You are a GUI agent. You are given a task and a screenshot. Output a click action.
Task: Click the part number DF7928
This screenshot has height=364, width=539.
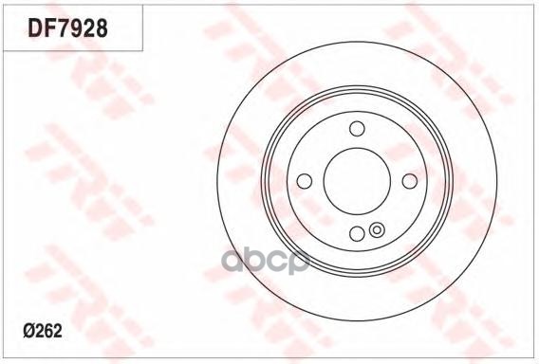click(67, 27)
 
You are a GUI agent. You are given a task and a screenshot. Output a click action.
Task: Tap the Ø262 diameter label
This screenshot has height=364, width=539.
click(43, 331)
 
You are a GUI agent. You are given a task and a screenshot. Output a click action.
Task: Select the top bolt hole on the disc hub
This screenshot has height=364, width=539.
click(357, 128)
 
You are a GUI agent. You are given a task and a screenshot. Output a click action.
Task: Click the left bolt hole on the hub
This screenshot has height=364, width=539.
click(305, 181)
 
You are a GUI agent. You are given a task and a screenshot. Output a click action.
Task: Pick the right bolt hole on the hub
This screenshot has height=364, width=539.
click(409, 181)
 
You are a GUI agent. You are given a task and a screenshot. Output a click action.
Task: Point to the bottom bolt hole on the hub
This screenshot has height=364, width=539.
click(357, 233)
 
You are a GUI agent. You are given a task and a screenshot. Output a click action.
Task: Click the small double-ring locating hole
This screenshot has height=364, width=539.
click(377, 229)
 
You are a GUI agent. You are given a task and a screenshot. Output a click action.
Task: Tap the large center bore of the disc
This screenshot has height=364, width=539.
click(357, 181)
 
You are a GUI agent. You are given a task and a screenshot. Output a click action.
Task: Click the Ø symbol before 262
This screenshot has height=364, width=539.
click(28, 331)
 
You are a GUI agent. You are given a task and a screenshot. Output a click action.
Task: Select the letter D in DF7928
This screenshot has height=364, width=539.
click(35, 27)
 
